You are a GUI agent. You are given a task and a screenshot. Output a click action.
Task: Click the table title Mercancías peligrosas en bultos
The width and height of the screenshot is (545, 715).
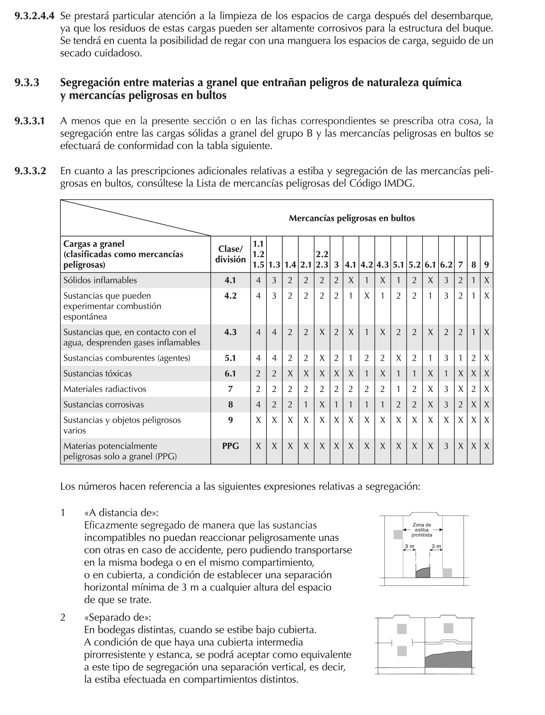(x=352, y=218)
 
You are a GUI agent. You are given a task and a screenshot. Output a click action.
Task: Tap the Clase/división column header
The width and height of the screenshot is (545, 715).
(x=230, y=254)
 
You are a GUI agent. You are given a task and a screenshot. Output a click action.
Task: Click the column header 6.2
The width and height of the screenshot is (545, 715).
(x=446, y=265)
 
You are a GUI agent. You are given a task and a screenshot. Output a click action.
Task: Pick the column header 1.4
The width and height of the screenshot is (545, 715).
(x=290, y=265)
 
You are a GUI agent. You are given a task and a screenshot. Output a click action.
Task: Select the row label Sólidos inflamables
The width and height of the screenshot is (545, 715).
(x=100, y=280)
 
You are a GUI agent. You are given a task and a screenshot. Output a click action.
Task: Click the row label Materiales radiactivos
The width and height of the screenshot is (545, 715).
(x=105, y=389)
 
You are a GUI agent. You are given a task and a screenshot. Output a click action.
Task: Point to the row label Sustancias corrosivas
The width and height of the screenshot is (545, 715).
(x=104, y=405)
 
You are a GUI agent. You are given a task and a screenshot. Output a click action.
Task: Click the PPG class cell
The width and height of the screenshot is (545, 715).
(x=230, y=446)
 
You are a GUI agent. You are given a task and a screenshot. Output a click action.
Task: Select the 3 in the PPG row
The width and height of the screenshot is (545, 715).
(x=446, y=446)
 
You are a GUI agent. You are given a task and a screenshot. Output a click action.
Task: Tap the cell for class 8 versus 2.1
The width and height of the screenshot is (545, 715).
(x=305, y=405)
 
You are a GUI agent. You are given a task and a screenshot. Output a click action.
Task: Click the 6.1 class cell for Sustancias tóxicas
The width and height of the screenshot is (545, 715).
(x=230, y=373)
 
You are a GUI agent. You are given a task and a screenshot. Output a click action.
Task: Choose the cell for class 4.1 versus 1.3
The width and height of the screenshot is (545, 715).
(x=274, y=280)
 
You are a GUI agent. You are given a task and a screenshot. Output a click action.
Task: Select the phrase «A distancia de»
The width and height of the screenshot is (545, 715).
(x=121, y=513)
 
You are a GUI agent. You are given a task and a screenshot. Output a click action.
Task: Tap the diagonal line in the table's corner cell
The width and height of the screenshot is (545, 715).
(x=135, y=218)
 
